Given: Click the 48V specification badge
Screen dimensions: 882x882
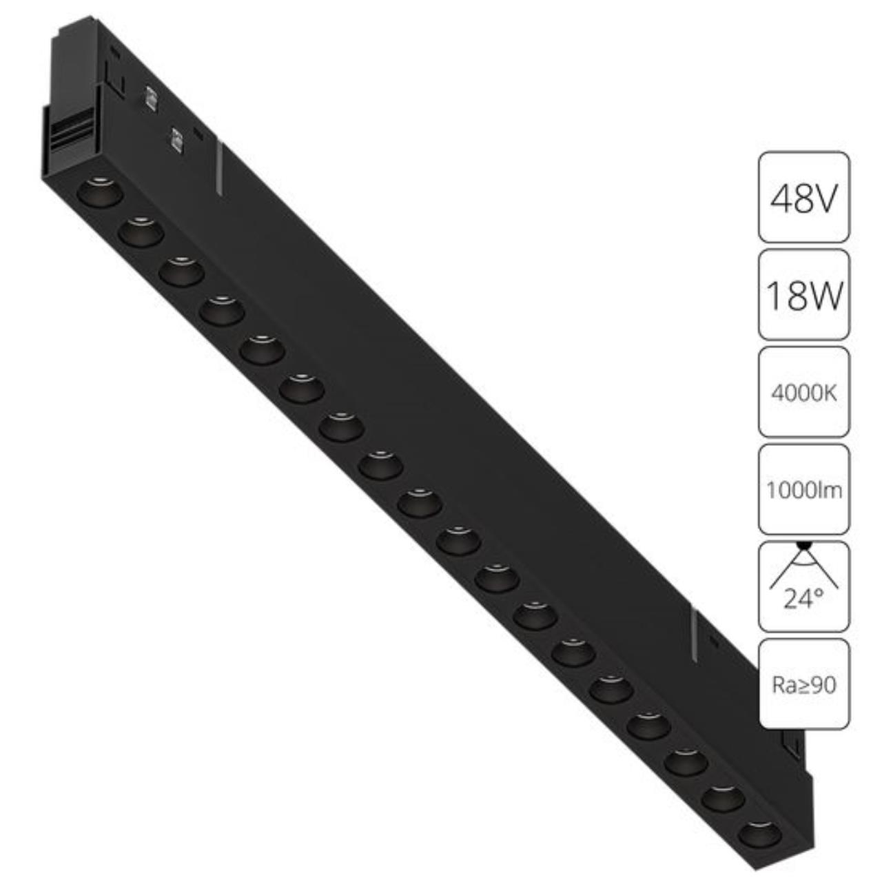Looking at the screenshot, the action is pyautogui.click(x=803, y=197).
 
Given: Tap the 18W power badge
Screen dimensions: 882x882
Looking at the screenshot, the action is pyautogui.click(x=803, y=295).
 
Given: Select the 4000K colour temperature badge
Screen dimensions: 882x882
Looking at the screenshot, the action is pyautogui.click(x=803, y=392).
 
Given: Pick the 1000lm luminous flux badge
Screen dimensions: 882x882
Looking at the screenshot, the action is pyautogui.click(x=803, y=489).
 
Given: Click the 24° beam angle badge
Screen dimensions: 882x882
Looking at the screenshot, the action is pyautogui.click(x=803, y=587).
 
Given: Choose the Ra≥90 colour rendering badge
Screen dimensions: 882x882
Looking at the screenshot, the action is pyautogui.click(x=803, y=684).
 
